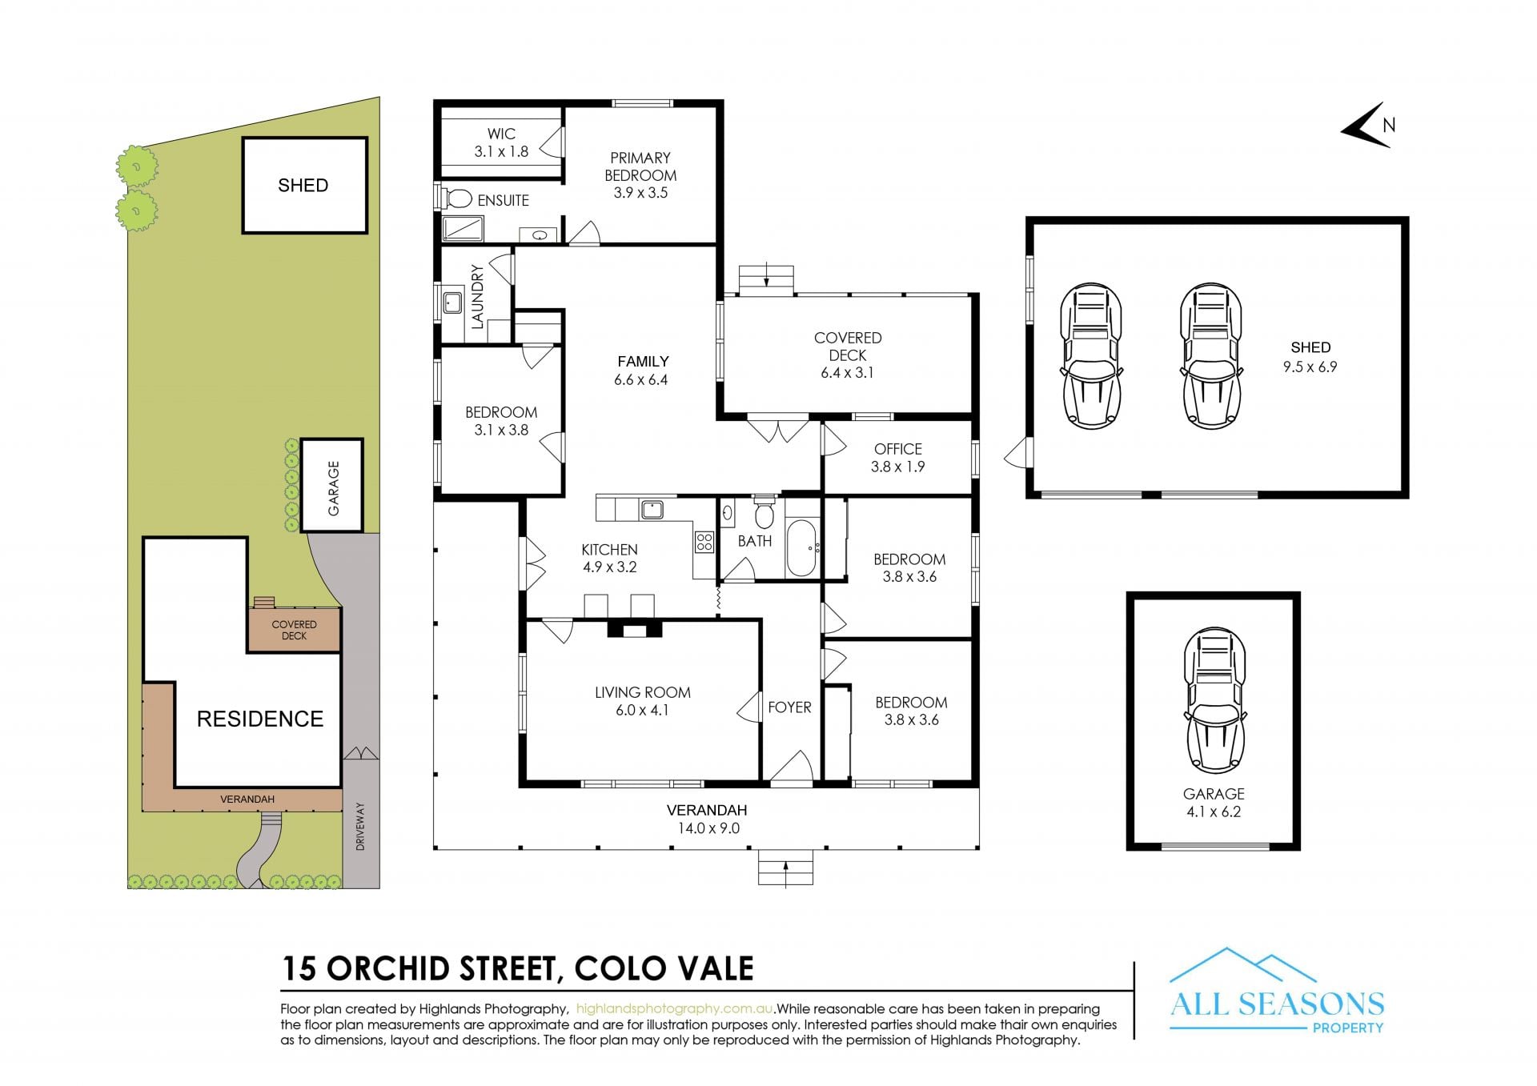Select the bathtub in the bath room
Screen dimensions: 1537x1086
coord(801,548)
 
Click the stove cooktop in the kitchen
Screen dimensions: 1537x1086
coord(704,542)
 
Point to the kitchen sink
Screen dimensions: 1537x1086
coord(652,509)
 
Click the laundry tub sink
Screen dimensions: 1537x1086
coord(452,303)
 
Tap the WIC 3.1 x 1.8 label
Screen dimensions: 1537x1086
coord(501,142)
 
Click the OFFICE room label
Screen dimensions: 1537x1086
coord(898,449)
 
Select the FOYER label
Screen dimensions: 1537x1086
coord(789,707)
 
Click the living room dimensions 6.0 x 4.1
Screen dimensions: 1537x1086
coord(642,710)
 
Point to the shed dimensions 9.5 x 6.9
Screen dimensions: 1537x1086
coord(1310,367)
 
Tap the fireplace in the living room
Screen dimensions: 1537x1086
coord(635,629)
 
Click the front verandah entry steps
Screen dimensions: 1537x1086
coord(785,868)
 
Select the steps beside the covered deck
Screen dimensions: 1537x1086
coord(766,280)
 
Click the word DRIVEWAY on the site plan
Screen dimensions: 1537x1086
coord(360,827)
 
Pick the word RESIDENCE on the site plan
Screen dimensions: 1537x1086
coord(260,719)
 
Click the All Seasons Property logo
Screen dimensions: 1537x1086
coord(1277,992)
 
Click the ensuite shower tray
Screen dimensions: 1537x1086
coord(463,229)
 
